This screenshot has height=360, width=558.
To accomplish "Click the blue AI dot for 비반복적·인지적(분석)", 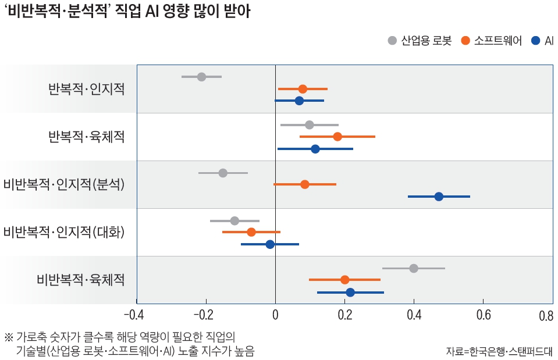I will pyautogui.click(x=439, y=197).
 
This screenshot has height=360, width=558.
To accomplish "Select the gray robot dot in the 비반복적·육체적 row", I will pyautogui.click(x=414, y=268).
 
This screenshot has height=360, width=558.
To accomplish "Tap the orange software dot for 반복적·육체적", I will pyautogui.click(x=337, y=137).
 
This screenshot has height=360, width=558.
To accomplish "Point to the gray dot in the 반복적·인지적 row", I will pyautogui.click(x=202, y=77).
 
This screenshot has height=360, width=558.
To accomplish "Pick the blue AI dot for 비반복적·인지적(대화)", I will pyautogui.click(x=270, y=244).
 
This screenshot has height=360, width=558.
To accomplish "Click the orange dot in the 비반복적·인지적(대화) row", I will pyautogui.click(x=251, y=232).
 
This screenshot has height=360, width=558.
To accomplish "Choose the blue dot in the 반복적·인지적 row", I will pyautogui.click(x=300, y=101).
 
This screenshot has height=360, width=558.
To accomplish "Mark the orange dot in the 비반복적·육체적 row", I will pyautogui.click(x=345, y=280).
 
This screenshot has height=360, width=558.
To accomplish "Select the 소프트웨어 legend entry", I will pyautogui.click(x=491, y=41).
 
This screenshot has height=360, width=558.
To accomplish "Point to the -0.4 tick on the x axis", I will pyautogui.click(x=134, y=316).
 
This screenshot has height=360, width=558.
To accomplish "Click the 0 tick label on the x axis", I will pyautogui.click(x=275, y=316).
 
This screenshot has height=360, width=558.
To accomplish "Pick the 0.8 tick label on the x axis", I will pyautogui.click(x=546, y=316).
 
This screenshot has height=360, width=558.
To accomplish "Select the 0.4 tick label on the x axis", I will pyautogui.click(x=414, y=316).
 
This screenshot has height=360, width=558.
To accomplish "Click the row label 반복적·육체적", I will pyautogui.click(x=86, y=137).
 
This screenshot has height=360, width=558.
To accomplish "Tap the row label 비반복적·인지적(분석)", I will pyautogui.click(x=64, y=184).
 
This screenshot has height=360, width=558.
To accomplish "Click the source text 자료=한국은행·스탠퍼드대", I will pyautogui.click(x=499, y=351).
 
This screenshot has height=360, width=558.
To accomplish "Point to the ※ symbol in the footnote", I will pyautogui.click(x=8, y=337).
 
